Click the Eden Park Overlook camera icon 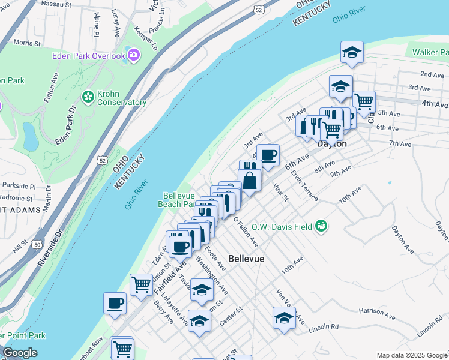coord(133,56)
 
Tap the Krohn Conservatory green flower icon coord(88,97)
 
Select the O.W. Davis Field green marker coord(322,226)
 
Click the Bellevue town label coord(247,259)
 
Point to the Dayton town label coord(331,144)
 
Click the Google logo coord(20,353)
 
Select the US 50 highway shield coord(37,244)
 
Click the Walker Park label coord(430,52)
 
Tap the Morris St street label coord(26,43)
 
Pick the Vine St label coord(281,192)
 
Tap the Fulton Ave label coord(50,87)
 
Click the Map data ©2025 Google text coord(411,355)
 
